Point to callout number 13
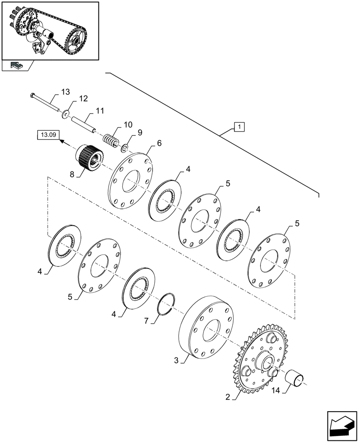point(65,92)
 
